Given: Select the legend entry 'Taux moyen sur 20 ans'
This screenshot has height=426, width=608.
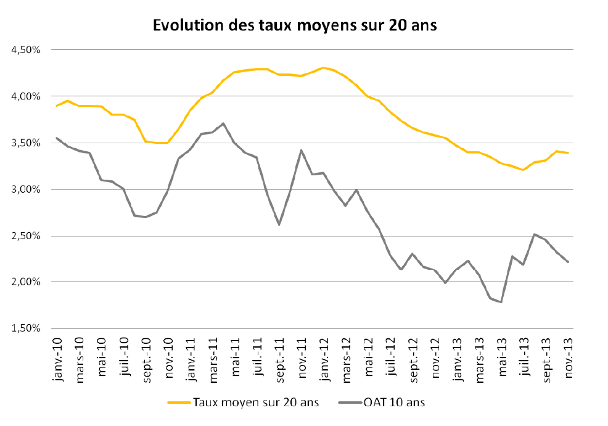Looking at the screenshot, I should click(255, 403).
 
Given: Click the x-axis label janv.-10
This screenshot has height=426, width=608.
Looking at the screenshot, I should click(57, 357).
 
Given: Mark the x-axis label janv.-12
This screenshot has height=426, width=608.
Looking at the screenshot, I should click(324, 357).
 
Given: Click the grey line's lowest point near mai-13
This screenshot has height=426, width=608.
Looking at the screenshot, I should click(501, 302).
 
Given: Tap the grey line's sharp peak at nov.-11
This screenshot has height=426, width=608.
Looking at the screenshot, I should click(301, 150).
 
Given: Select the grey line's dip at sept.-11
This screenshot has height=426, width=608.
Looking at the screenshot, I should click(279, 225).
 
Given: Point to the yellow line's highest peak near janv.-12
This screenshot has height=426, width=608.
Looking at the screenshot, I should click(323, 68).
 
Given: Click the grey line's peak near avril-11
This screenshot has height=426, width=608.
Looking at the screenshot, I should click(223, 123).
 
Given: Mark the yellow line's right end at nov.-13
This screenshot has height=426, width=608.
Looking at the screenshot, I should click(568, 153).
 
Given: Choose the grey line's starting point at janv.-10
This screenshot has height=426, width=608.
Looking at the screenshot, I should click(56, 138).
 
